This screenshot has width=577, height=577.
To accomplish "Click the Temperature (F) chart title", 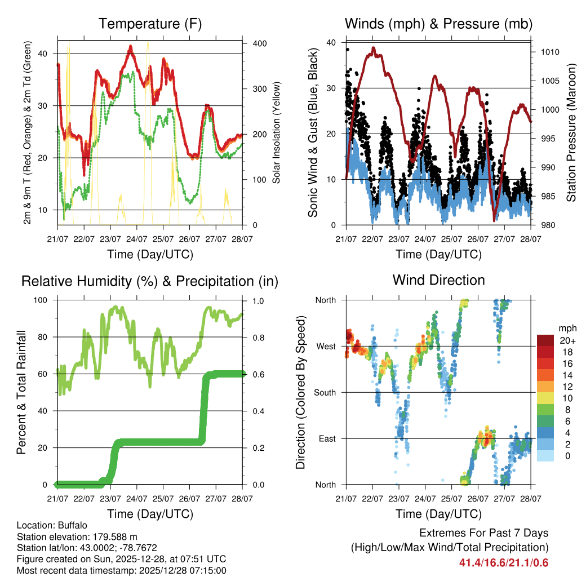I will pyautogui.click(x=150, y=24).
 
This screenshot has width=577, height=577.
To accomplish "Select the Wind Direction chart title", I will pyautogui.click(x=438, y=279).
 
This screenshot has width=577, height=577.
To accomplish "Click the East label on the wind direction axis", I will pyautogui.click(x=326, y=438).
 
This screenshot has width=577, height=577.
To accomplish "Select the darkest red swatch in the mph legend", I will pyautogui.click(x=545, y=340).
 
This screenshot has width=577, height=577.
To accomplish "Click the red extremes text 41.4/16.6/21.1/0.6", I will pyautogui.click(x=504, y=562).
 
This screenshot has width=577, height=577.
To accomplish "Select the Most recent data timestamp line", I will pyautogui.click(x=121, y=570).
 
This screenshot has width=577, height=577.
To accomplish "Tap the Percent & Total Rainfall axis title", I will pyautogui.click(x=21, y=392).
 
